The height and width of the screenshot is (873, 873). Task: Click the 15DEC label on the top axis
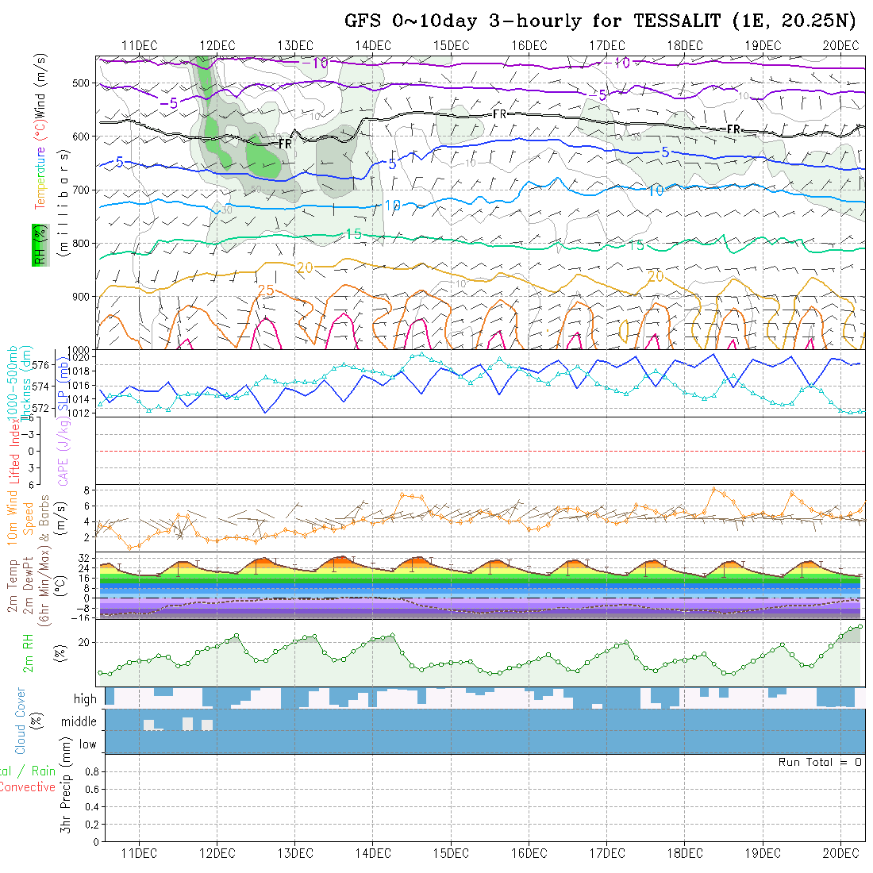452,45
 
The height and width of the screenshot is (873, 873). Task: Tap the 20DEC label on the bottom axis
841,853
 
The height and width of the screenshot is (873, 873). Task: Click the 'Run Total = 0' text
820,762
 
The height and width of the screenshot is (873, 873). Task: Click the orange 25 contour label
267,291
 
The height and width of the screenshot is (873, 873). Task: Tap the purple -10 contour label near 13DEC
317,63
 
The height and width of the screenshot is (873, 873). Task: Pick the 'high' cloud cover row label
85,699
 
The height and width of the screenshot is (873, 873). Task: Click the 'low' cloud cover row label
87,744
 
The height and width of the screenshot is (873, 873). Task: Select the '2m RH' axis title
28,653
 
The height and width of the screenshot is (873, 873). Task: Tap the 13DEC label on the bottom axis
295,853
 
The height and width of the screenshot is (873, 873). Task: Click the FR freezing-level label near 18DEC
734,129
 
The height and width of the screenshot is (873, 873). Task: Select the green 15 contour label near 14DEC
354,234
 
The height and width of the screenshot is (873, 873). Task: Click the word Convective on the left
28,787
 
